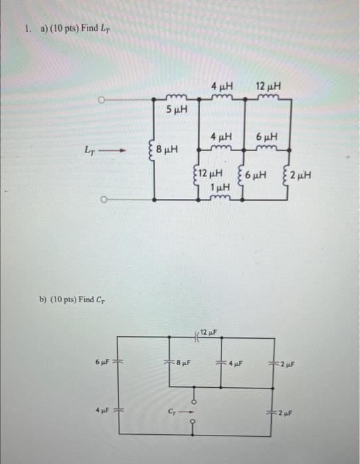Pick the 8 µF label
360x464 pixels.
click(183, 362)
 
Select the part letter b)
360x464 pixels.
click(43, 300)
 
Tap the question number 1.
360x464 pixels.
click(26, 30)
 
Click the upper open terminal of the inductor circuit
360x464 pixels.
click(103, 100)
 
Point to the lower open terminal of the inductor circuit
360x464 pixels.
click(103, 199)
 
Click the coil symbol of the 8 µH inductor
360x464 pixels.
click(154, 150)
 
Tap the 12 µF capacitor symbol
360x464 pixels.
click(197, 337)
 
